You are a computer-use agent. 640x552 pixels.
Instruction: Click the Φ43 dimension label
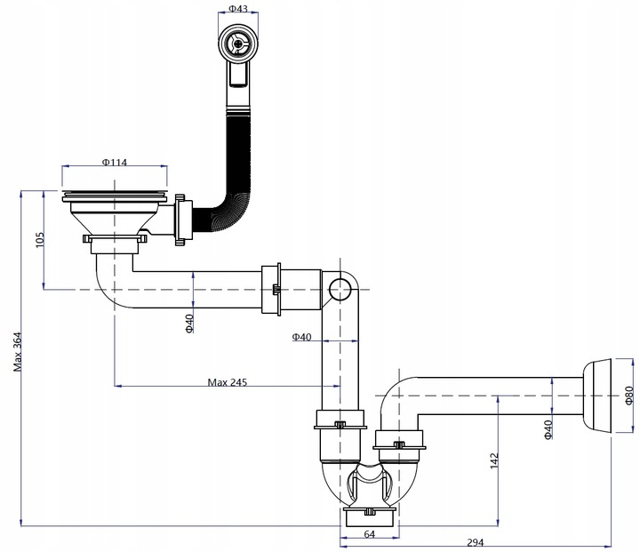pyautogui.click(x=238, y=8)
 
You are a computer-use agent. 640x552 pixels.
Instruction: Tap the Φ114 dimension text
pyautogui.click(x=115, y=162)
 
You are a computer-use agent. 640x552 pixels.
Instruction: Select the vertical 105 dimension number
pyautogui.click(x=40, y=240)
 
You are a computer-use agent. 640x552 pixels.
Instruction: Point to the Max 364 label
pyautogui.click(x=18, y=352)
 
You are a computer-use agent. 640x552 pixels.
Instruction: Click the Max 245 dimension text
pyautogui.click(x=228, y=382)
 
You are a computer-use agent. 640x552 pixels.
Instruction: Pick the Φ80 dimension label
pyautogui.click(x=628, y=396)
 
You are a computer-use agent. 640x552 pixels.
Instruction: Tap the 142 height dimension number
pyautogui.click(x=494, y=461)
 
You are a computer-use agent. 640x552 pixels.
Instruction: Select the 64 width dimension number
pyautogui.click(x=369, y=533)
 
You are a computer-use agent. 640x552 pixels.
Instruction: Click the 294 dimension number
pyautogui.click(x=475, y=542)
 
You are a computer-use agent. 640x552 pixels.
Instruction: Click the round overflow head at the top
pyautogui.click(x=238, y=42)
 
